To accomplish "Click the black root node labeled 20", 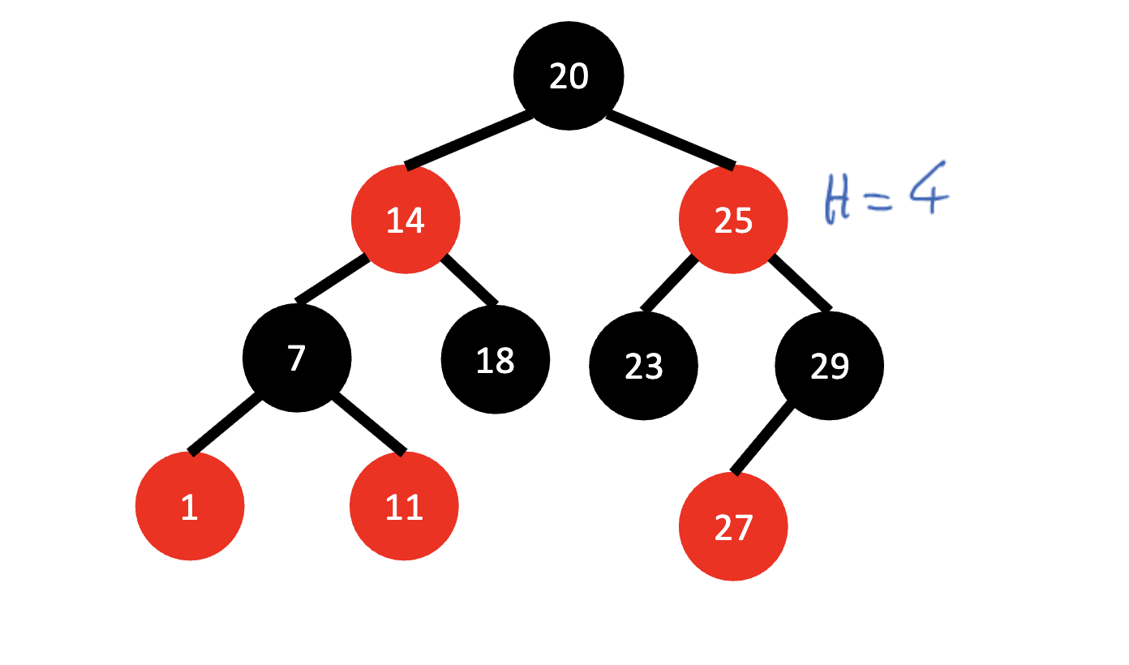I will coord(568,75).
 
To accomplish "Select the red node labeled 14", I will coord(406,220).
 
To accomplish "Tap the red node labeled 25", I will coord(733,220).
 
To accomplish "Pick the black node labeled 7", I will coord(297,358).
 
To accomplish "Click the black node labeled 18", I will coord(495,359).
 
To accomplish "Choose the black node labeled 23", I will coord(643,366).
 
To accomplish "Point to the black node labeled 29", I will coord(829,366).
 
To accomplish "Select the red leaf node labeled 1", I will coord(189,506).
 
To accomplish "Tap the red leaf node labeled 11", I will coord(404,506).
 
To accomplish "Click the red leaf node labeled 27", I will coord(732,526).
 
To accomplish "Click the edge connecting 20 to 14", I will coord(469,139).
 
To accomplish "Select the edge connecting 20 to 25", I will coord(670,139).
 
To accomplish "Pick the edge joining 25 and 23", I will coord(669,282).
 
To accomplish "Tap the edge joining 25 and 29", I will coord(800,282).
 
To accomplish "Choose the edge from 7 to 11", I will coord(368,423).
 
